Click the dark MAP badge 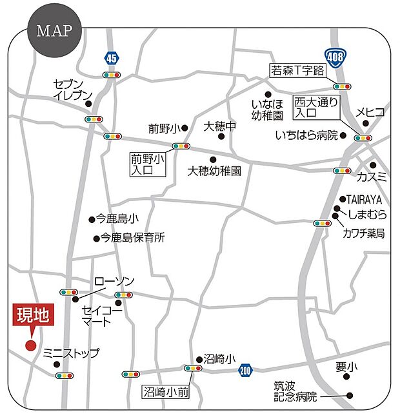(x=54, y=32)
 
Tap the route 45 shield (x=112, y=58)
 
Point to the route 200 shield (x=245, y=370)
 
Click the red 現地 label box (x=32, y=316)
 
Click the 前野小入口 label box (x=148, y=164)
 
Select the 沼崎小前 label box (x=166, y=391)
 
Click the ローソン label (x=114, y=282)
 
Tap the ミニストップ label (x=71, y=353)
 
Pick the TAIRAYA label (x=366, y=199)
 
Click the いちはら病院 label (x=306, y=135)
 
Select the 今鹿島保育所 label (x=133, y=238)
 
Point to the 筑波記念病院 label (x=296, y=391)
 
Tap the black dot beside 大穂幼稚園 (x=214, y=159)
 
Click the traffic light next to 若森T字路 (x=342, y=86)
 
